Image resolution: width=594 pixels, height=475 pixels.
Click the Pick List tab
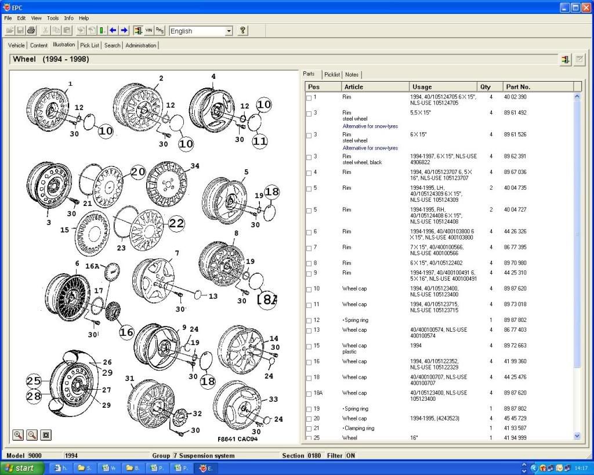click(x=90, y=45)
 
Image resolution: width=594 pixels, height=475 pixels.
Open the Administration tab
click(x=141, y=45)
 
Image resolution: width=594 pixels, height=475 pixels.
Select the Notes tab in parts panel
click(x=352, y=74)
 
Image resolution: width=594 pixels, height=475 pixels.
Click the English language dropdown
click(x=201, y=31)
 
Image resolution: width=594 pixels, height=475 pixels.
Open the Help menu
click(x=84, y=18)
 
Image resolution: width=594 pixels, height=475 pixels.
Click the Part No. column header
click(x=518, y=86)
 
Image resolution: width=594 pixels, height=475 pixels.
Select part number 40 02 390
click(x=515, y=97)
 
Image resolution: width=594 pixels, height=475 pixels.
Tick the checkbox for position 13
click(x=309, y=331)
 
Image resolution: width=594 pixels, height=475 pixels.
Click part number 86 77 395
click(x=515, y=247)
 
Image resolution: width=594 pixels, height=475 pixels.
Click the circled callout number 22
click(x=176, y=223)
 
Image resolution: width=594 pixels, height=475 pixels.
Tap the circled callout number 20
click(x=138, y=172)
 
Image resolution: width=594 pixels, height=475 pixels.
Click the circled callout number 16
click(x=126, y=332)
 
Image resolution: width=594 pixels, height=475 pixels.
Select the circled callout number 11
click(x=260, y=140)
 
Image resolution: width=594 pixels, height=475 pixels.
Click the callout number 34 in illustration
click(x=194, y=166)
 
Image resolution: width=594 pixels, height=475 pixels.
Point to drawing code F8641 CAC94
click(x=238, y=438)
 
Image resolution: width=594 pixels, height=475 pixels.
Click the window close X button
click(x=587, y=8)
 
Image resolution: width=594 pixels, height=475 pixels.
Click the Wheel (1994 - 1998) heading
click(x=51, y=59)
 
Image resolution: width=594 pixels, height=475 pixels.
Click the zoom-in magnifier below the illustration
click(x=18, y=434)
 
